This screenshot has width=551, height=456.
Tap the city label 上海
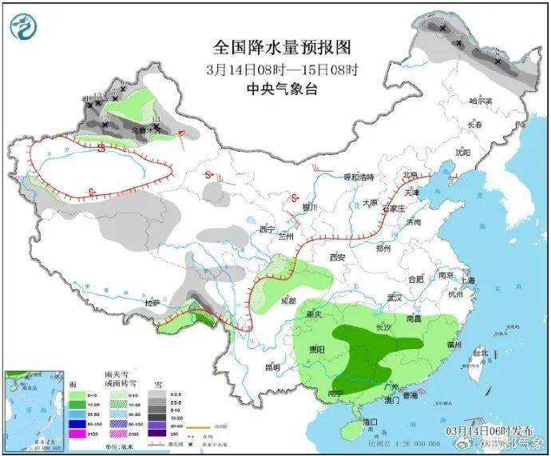pyautogui.click(x=467, y=280)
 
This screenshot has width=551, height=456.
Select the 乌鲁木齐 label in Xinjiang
pyautogui.click(x=141, y=130)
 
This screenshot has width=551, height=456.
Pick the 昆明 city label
pyautogui.click(x=272, y=367)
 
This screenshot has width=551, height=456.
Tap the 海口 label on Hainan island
pyautogui.click(x=369, y=421)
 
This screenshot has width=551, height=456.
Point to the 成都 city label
pyautogui.click(x=288, y=301)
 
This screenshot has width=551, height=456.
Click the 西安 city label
pyautogui.click(x=336, y=258)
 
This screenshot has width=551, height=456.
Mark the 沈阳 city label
pyautogui.click(x=463, y=152)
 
